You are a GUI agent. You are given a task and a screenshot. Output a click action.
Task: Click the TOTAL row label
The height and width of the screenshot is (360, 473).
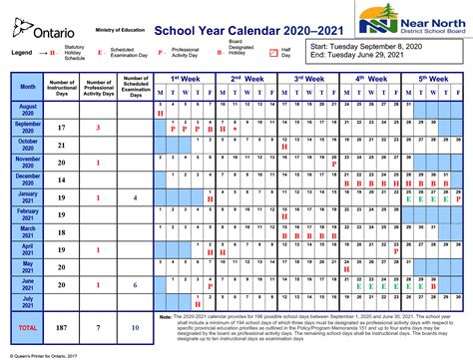(28, 326)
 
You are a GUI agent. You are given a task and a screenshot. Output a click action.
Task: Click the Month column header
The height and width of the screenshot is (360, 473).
(28, 86)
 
